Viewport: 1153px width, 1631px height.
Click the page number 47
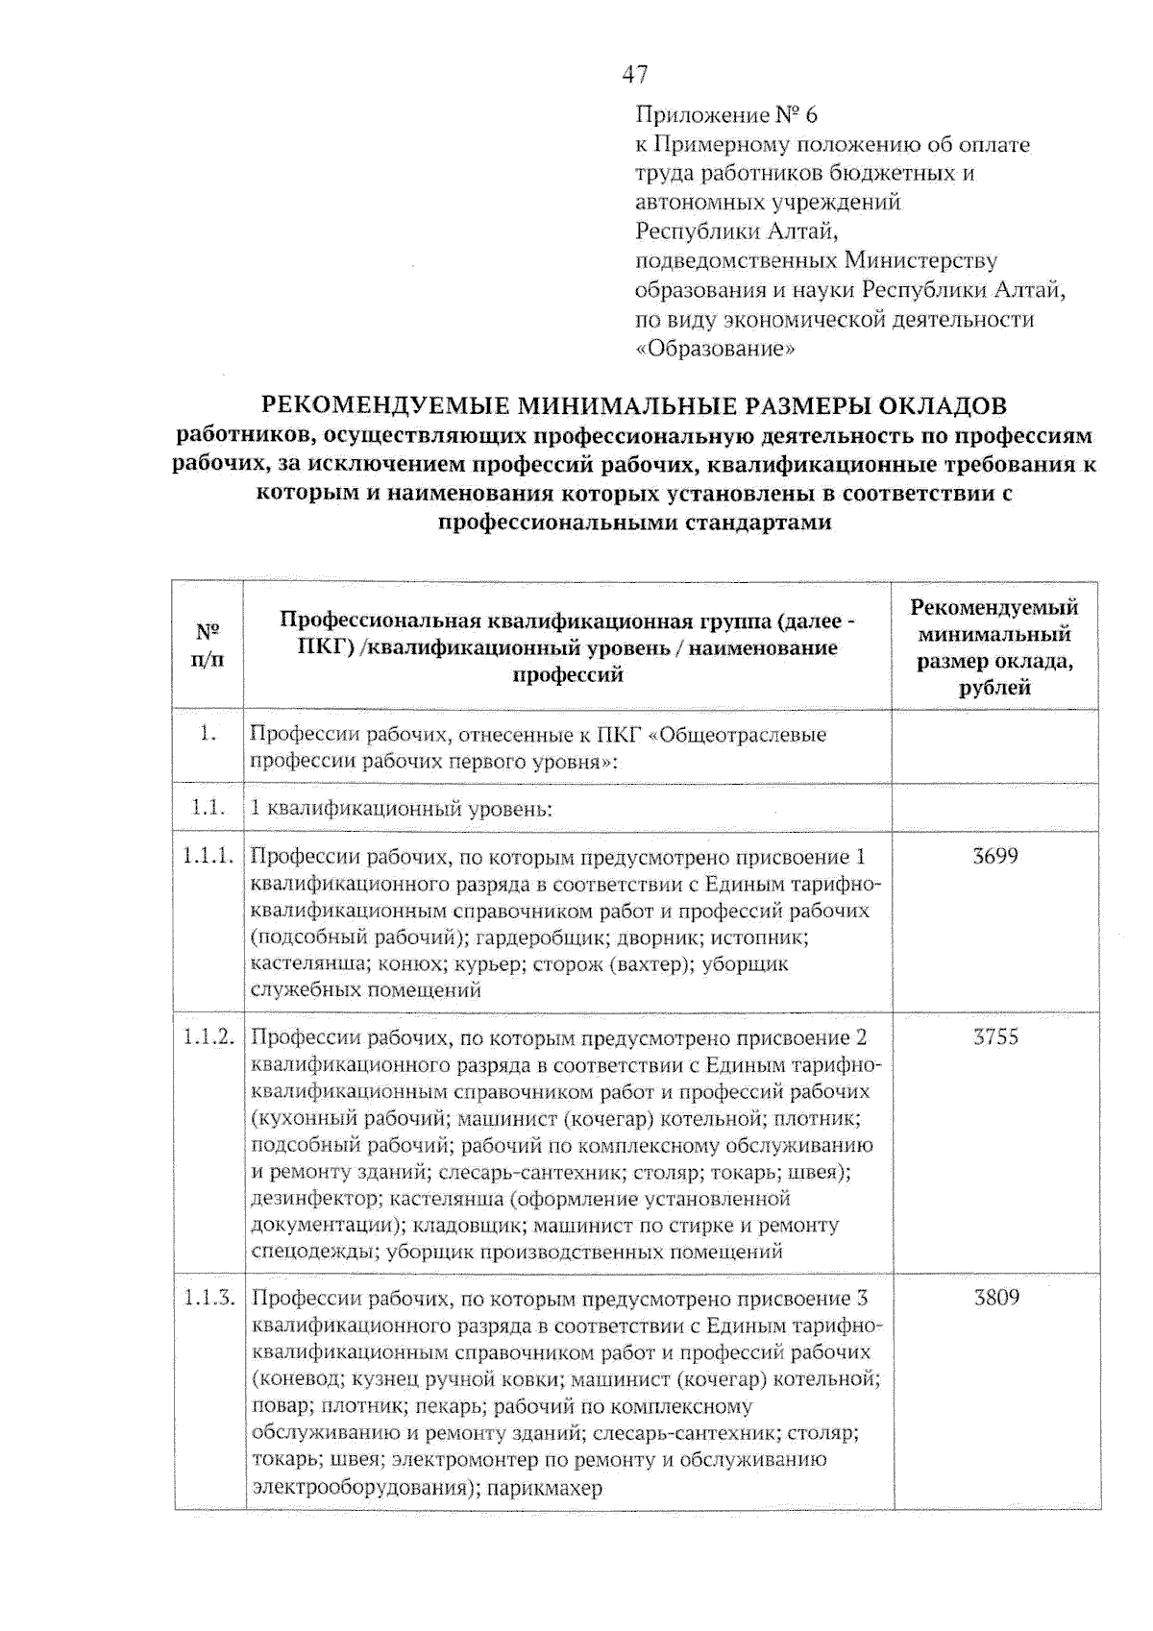tap(635, 74)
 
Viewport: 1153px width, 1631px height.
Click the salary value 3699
tap(994, 856)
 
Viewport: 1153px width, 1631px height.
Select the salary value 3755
tap(995, 1036)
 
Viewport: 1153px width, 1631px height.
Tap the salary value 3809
tap(996, 1298)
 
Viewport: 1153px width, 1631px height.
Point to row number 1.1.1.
tap(209, 856)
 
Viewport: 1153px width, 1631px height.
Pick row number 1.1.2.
tap(209, 1037)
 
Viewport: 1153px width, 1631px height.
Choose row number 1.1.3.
tap(209, 1299)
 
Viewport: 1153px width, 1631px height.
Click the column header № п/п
tap(208, 645)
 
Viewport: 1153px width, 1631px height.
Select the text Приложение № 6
tap(726, 115)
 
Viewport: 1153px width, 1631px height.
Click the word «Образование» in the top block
tap(716, 350)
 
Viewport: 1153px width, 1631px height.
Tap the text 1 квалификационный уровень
tap(401, 808)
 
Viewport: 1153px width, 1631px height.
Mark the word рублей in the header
tap(994, 687)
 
